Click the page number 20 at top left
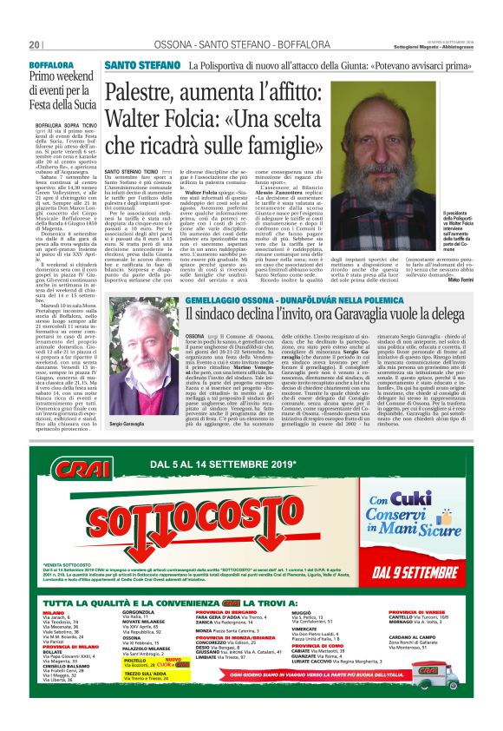(35, 44)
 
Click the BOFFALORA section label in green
(52, 65)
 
